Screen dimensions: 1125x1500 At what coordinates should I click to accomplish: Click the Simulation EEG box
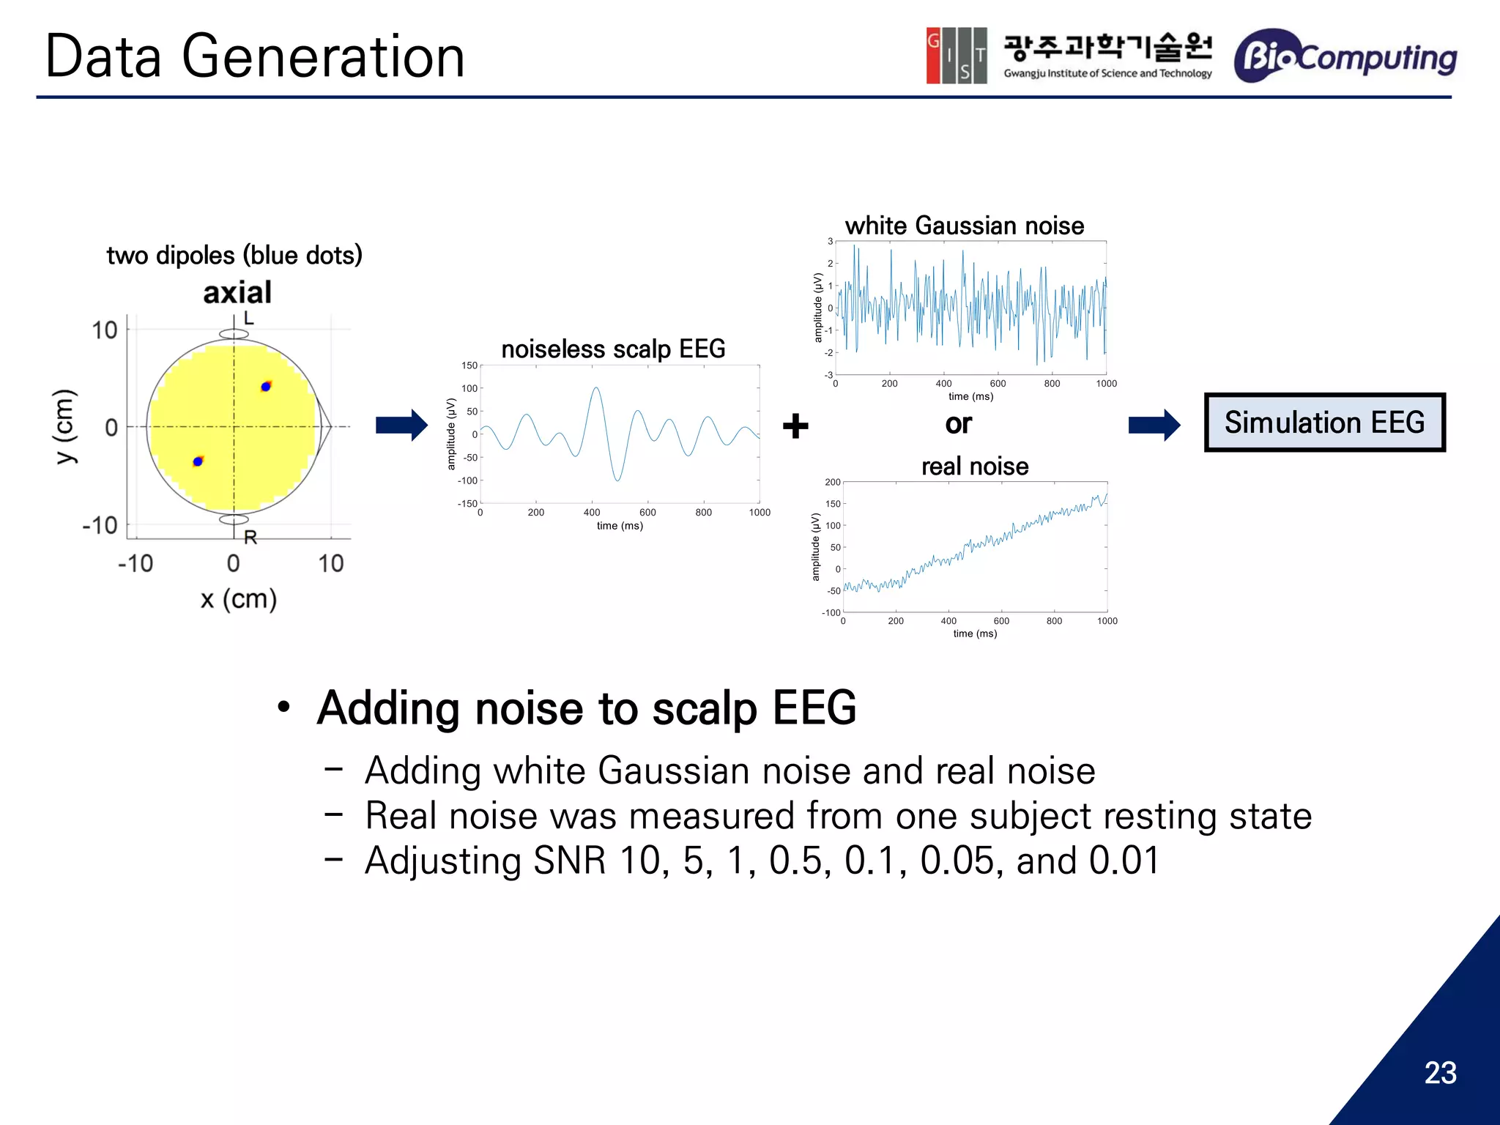[1324, 423]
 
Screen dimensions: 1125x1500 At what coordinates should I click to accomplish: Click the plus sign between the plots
[795, 426]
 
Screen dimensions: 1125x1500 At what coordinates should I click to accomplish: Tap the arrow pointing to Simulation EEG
[1154, 425]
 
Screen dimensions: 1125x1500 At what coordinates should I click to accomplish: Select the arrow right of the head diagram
[401, 425]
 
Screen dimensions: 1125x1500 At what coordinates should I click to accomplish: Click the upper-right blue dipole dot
[266, 386]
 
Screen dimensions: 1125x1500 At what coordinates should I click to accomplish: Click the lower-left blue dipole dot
[198, 461]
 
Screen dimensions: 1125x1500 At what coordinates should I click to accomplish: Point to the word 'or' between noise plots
[958, 424]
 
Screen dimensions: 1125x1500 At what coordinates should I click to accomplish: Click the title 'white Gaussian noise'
[964, 226]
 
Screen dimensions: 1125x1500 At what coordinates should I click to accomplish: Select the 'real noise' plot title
[974, 466]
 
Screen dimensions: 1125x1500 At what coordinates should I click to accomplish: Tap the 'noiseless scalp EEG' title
[613, 349]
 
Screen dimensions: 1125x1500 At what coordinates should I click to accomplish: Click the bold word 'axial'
[237, 292]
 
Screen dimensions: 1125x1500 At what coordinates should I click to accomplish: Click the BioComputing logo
[1345, 56]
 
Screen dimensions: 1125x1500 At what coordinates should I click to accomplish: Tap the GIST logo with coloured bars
[956, 56]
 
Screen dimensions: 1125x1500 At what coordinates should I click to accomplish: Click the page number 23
[1440, 1073]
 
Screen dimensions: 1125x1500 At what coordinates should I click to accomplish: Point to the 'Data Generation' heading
[255, 56]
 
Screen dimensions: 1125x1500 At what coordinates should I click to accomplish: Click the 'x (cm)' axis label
[239, 599]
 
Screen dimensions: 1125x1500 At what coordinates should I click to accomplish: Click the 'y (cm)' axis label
[65, 426]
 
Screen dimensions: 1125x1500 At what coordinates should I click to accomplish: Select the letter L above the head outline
[249, 318]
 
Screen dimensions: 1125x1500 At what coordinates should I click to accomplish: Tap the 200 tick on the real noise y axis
[832, 482]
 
